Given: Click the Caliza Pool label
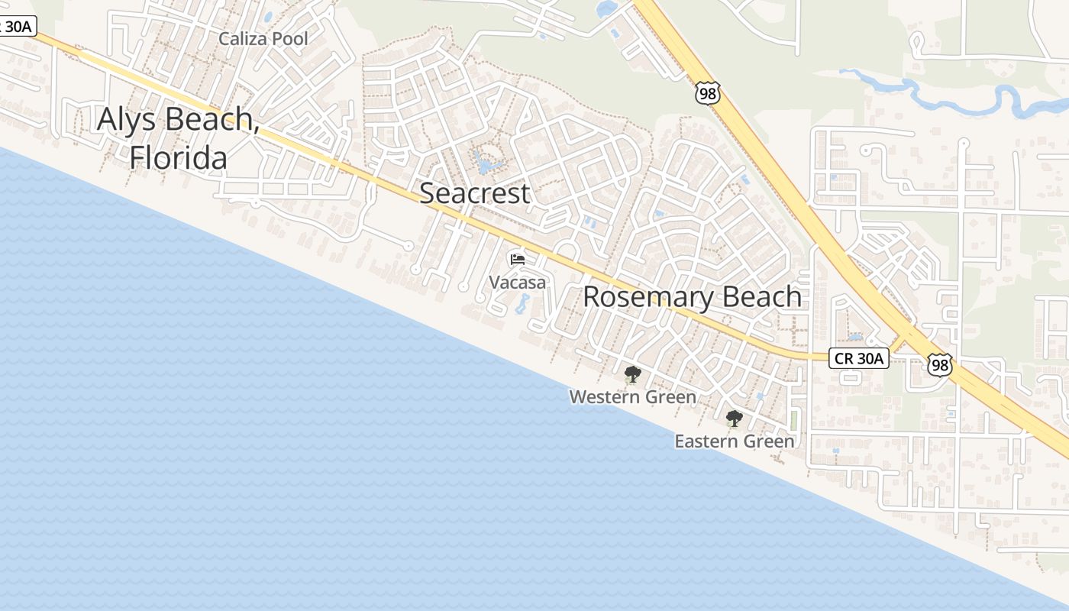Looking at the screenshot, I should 263,39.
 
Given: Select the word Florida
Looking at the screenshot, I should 178,158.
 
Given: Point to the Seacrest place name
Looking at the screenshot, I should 474,193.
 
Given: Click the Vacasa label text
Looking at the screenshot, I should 517,283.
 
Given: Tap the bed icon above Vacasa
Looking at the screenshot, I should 517,259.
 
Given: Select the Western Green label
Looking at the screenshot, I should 632,397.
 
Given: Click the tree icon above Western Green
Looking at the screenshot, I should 632,374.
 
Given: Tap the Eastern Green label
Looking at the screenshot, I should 734,441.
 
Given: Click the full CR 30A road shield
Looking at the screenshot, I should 859,357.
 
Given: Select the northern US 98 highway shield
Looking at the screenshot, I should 707,93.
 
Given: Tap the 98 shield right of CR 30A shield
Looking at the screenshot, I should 940,364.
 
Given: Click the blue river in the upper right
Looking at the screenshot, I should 954,95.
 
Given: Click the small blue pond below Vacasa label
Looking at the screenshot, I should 523,304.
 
